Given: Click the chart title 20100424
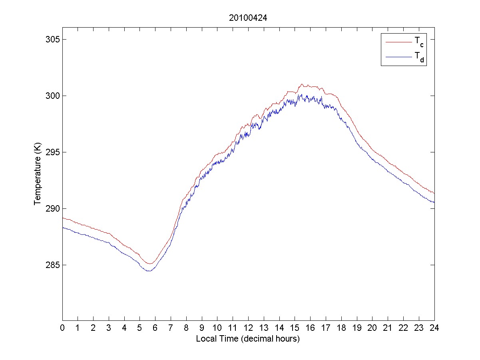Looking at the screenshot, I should click(248, 18).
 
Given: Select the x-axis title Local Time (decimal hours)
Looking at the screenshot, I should click(248, 339).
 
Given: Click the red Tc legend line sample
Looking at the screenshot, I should click(398, 42).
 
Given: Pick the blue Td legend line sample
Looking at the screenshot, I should click(398, 58).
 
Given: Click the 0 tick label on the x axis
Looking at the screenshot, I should click(62, 328).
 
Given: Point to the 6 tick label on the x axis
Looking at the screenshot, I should click(155, 328).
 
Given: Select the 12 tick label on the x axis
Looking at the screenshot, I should click(248, 328).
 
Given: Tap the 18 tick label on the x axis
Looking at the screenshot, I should click(341, 328).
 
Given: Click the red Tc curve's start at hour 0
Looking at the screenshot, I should click(63, 218).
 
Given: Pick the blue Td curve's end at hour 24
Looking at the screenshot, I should click(434, 202).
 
